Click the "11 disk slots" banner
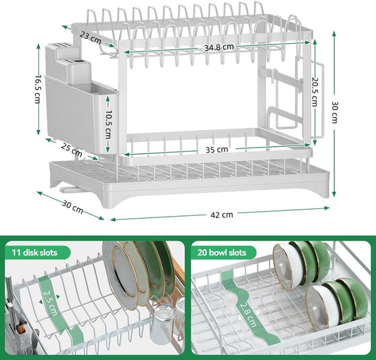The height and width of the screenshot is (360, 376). [x=40, y=252]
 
